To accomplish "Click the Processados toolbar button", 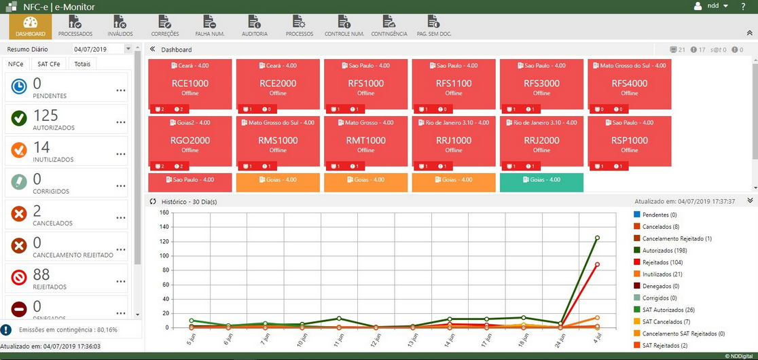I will coord(75,26).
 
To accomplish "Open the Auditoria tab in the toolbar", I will coord(255,26).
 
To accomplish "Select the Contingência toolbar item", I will coord(389,26).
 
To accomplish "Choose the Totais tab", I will coord(82,64).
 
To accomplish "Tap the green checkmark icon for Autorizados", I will coord(19,118).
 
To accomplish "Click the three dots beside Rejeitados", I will coord(121,281).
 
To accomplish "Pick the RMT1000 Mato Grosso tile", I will coord(365,141).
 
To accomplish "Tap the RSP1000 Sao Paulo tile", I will coord(629,141).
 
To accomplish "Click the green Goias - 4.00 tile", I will coord(541,182).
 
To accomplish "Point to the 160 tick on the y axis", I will coord(164,213).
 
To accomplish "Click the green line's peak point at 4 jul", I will coord(597,238).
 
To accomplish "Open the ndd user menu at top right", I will coord(712,6).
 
